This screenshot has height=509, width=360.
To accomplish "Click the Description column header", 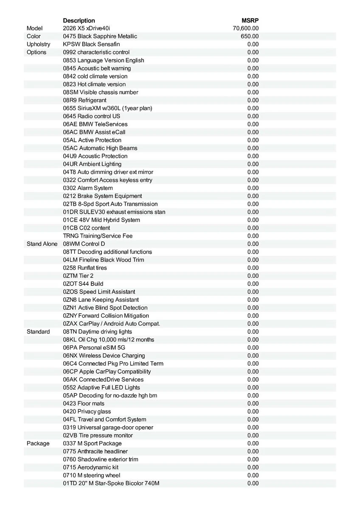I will click(79, 20).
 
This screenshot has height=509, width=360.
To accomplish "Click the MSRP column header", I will click(250, 20).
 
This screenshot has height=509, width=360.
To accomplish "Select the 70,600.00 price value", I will click(246, 28).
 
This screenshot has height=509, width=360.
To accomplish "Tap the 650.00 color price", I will click(250, 36).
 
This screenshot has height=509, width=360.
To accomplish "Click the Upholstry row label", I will click(38, 45).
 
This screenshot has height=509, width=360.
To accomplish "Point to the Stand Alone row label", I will click(42, 244).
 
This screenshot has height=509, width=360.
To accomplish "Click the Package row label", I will click(38, 444).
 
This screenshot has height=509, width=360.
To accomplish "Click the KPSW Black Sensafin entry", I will click(91, 45).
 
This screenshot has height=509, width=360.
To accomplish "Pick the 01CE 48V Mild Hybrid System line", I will click(101, 220).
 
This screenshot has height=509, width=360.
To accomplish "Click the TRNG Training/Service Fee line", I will click(98, 236).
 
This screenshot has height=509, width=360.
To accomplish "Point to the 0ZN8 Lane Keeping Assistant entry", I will click(101, 300).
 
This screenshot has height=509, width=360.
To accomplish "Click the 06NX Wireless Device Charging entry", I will click(104, 356).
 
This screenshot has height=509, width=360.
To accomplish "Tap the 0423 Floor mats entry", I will click(84, 404).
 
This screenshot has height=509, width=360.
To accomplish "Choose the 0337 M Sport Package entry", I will click(92, 444).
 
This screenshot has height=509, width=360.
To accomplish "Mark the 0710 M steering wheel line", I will click(92, 475).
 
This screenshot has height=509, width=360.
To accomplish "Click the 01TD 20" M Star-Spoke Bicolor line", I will click(111, 484).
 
